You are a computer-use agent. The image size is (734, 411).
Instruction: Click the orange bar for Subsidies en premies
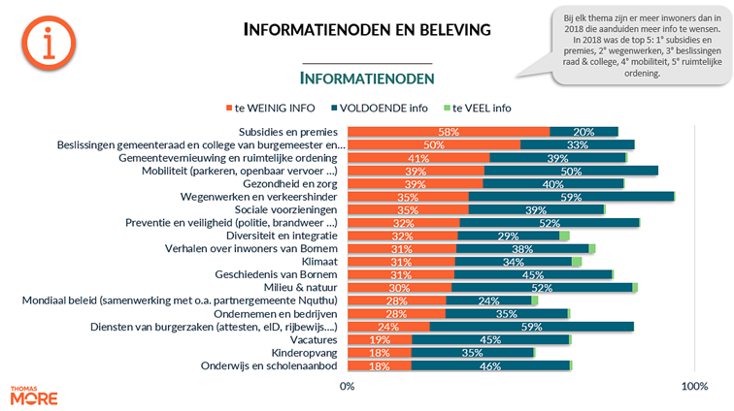(x=448, y=132)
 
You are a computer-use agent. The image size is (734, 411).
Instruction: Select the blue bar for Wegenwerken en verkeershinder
(x=572, y=197)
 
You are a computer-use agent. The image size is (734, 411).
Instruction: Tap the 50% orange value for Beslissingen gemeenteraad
(x=434, y=145)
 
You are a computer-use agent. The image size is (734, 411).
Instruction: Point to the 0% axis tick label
(x=347, y=387)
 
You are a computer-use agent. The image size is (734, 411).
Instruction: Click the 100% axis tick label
(x=694, y=387)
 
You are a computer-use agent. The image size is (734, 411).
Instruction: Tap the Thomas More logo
(x=33, y=395)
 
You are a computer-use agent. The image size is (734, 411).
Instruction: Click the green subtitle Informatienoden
(x=366, y=78)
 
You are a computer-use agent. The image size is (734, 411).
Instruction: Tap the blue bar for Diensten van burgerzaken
(x=531, y=327)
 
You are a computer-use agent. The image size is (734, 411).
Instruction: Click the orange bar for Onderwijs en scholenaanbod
(x=379, y=365)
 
